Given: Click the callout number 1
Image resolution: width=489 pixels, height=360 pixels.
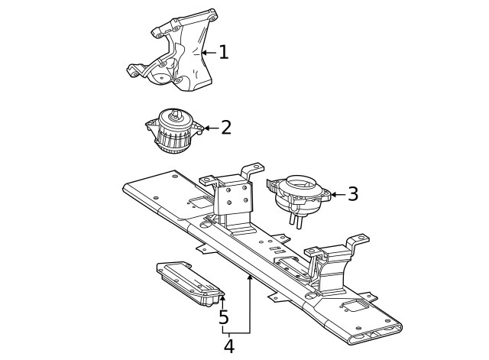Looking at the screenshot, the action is tap(224, 52).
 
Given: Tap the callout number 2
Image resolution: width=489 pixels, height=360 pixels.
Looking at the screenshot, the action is tap(226, 128).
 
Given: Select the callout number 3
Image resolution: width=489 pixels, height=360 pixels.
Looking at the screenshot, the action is tap(353, 194).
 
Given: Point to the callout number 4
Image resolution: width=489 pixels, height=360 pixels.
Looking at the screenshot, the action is tap(229, 346).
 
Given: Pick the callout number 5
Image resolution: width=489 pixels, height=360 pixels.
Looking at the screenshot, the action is tap(224, 317).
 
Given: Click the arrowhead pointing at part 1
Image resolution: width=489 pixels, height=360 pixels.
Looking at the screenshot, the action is tap(204, 53).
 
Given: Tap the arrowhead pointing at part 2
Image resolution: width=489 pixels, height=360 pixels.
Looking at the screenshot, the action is tap(206, 128).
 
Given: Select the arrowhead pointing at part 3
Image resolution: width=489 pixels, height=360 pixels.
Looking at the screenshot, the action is tap(333, 194).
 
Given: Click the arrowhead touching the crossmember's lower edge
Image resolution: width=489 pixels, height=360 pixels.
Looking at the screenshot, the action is tap(250, 277).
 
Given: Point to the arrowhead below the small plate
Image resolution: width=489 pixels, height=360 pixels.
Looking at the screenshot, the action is tap(222, 298).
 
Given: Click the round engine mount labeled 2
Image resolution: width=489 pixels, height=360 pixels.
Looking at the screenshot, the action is tap(174, 131).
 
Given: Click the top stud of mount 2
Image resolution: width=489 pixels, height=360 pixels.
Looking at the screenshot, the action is tap(175, 114).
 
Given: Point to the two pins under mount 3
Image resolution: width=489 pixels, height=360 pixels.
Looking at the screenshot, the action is tap(296, 221).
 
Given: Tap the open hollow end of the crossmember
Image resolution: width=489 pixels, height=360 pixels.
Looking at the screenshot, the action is tap(376, 333).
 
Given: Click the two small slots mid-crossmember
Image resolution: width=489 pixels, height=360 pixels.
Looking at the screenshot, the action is tap(277, 250).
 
